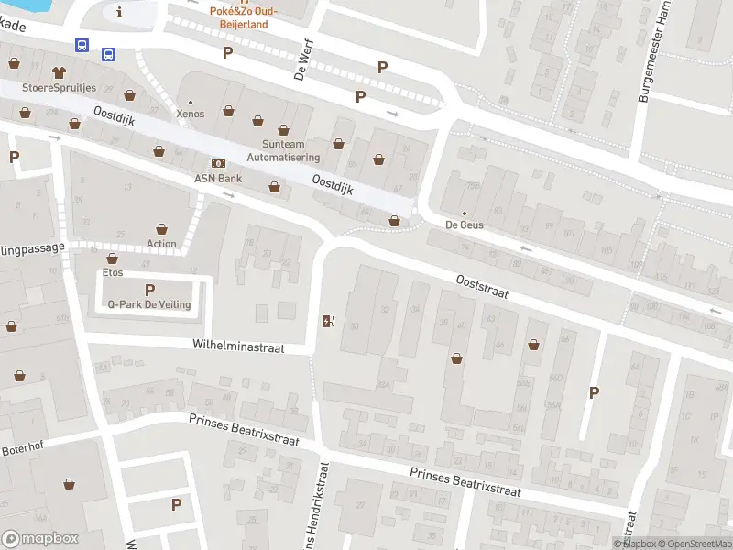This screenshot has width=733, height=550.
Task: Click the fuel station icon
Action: pos(328,321)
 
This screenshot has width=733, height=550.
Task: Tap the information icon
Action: pos(119,12)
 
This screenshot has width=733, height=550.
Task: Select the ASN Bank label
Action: pos(217,178)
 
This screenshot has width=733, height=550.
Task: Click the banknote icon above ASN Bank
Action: pos(218,162)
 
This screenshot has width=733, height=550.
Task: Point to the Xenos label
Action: pos(191,114)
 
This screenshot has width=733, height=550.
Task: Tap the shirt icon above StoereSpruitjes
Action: pos(60,71)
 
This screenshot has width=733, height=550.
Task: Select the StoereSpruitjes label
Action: pos(60,89)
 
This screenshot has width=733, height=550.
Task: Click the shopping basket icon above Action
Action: pos(161,228)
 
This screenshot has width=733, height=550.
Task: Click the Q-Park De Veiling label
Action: pos(149,304)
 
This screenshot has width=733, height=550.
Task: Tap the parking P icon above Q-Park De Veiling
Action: pos(149,289)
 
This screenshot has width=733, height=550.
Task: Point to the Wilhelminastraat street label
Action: pos(238,347)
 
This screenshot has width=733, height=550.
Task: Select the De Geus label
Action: pos(465,225)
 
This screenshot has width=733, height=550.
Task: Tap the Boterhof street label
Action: pos(22,450)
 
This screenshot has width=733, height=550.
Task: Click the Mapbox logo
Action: pos(40,538)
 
